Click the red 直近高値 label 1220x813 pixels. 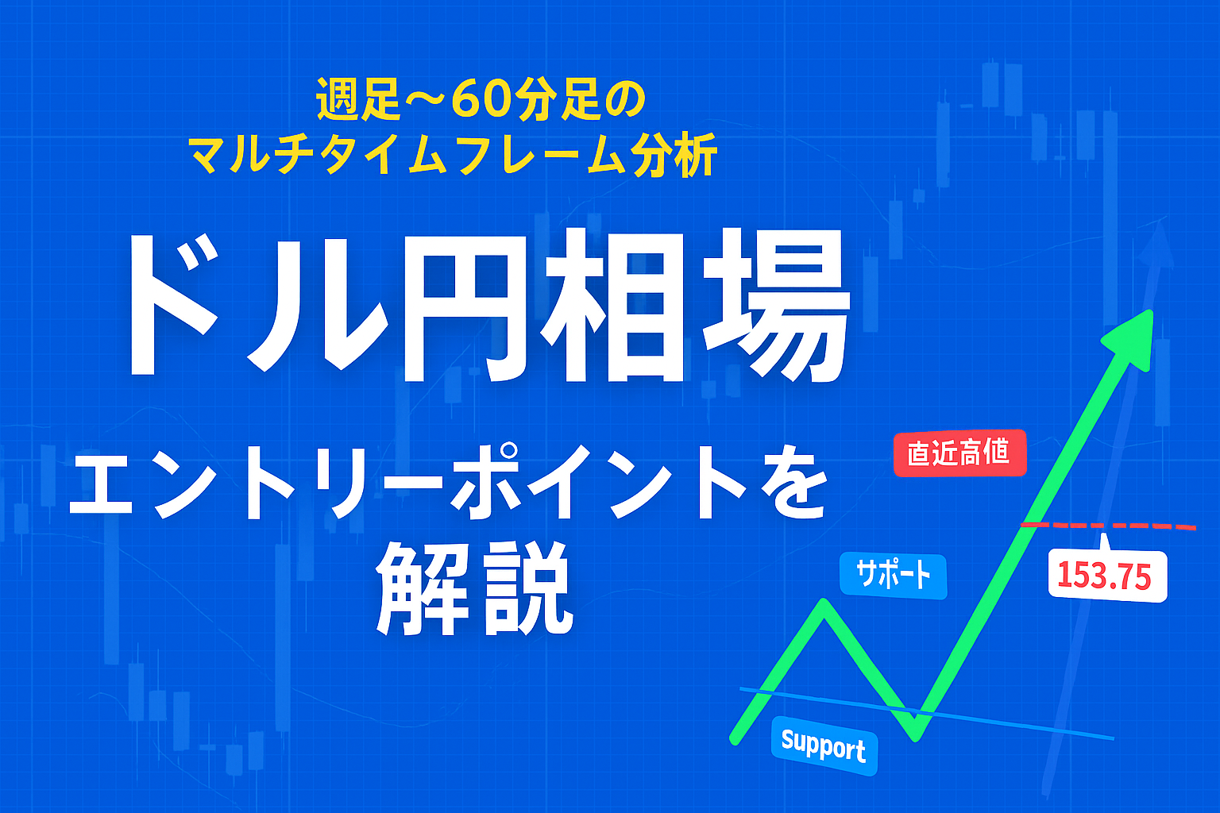point(959,453)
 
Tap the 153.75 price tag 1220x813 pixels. point(1107,576)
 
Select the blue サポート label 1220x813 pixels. point(894,576)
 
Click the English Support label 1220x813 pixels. point(824,746)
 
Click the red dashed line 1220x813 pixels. point(1108,526)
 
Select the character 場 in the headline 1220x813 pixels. point(777,306)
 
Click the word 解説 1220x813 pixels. point(474,588)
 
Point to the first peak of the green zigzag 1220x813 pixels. point(824,603)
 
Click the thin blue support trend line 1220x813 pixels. point(927,713)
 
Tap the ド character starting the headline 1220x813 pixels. point(172,305)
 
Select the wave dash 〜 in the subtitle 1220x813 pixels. point(421,100)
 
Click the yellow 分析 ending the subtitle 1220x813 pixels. point(675,155)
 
